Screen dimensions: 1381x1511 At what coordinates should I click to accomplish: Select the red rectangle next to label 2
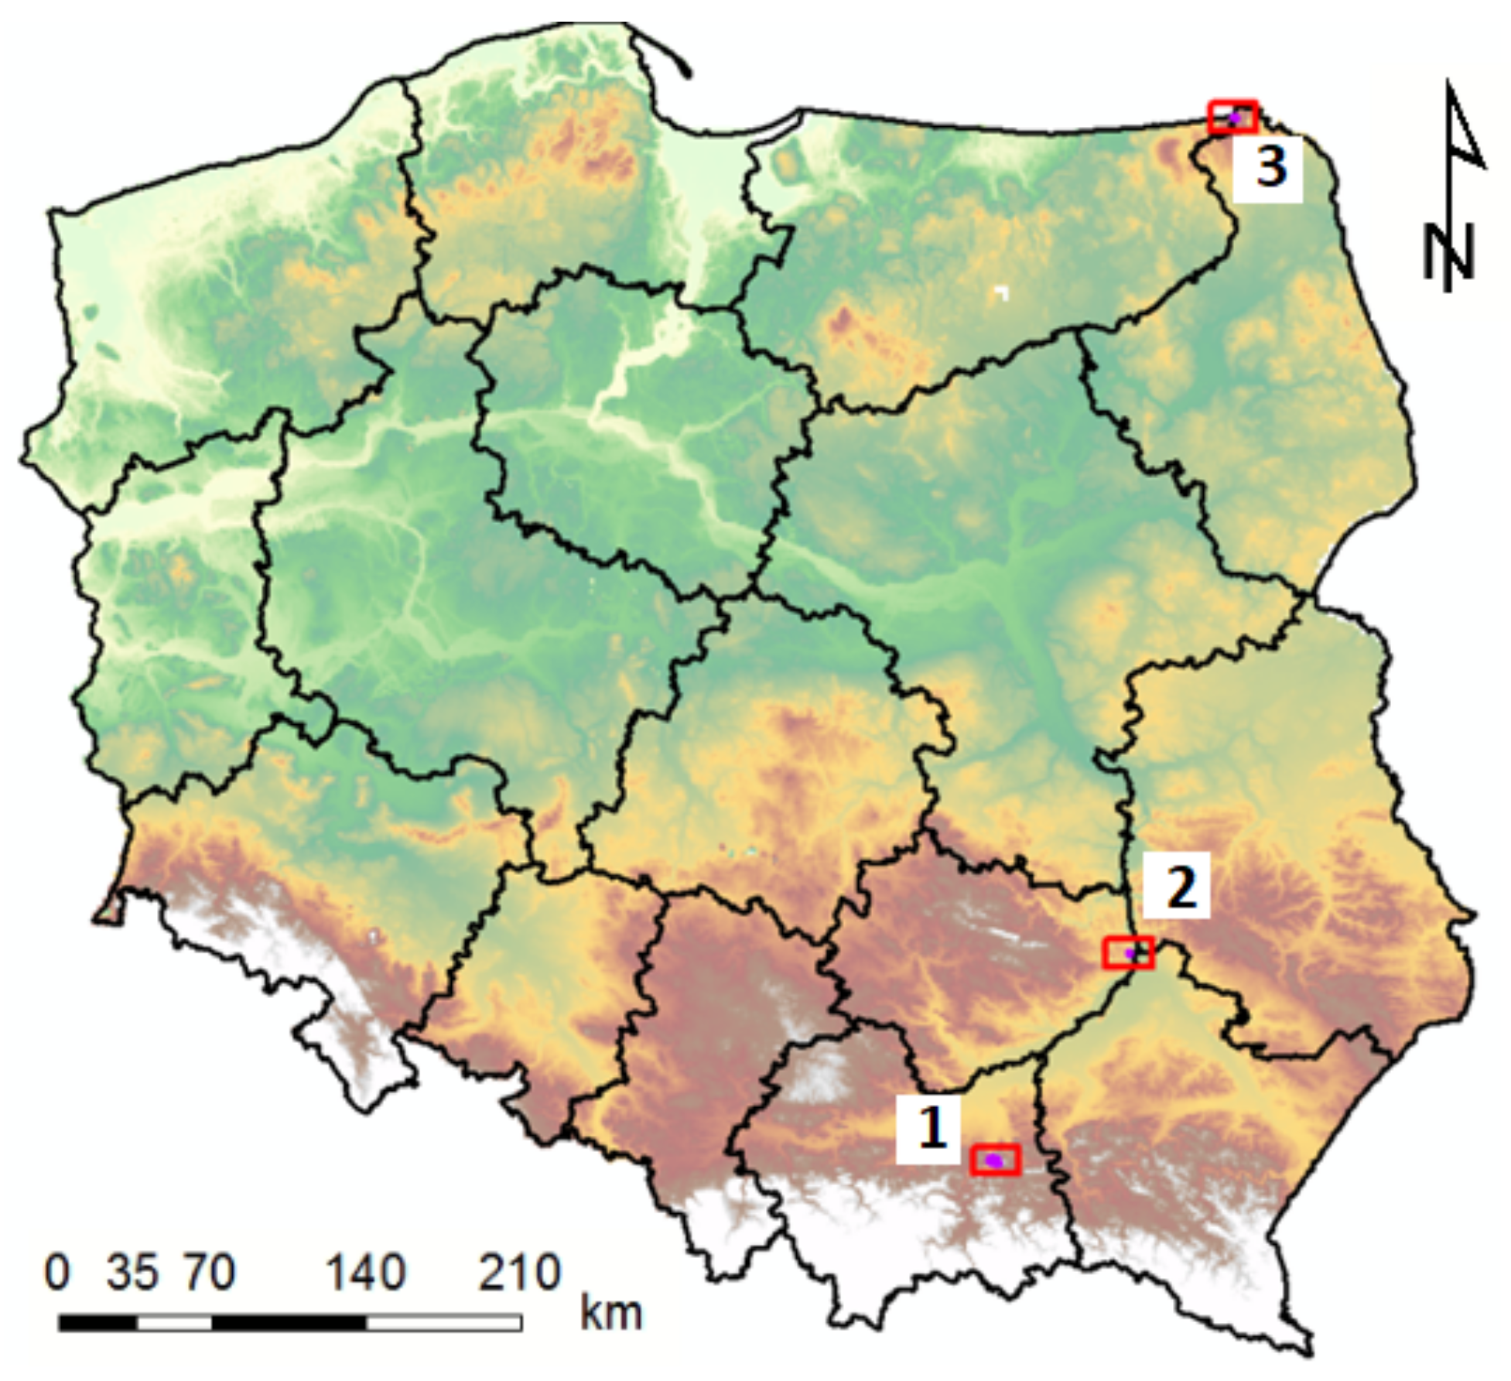(x=1128, y=952)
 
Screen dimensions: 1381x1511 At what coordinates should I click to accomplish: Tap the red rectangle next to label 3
(x=1233, y=117)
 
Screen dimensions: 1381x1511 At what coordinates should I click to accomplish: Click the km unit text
(x=611, y=1313)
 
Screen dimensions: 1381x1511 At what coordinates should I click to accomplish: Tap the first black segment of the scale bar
(x=97, y=1322)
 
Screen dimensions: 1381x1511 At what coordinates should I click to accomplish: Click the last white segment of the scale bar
(x=443, y=1322)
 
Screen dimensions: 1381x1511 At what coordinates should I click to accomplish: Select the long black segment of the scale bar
(x=289, y=1322)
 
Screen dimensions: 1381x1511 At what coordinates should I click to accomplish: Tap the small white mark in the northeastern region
(x=1003, y=292)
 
